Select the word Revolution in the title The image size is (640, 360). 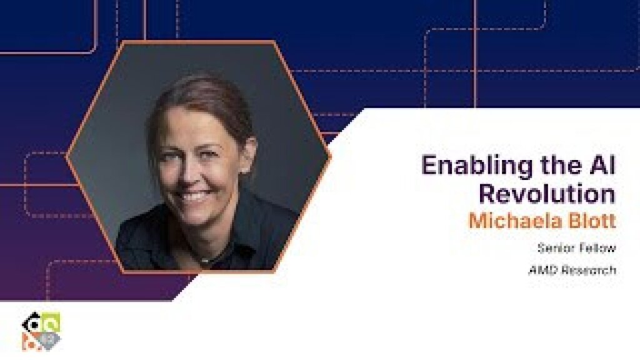click(547, 194)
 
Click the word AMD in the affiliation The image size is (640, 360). click(541, 271)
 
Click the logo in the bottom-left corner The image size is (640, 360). click(41, 330)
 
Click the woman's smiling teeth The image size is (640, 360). click(196, 197)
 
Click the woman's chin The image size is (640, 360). click(199, 219)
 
